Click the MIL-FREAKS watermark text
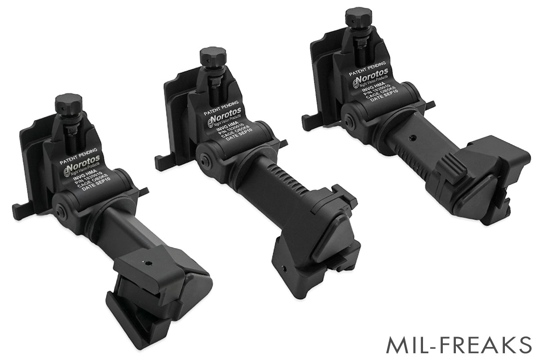coord(459,344)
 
